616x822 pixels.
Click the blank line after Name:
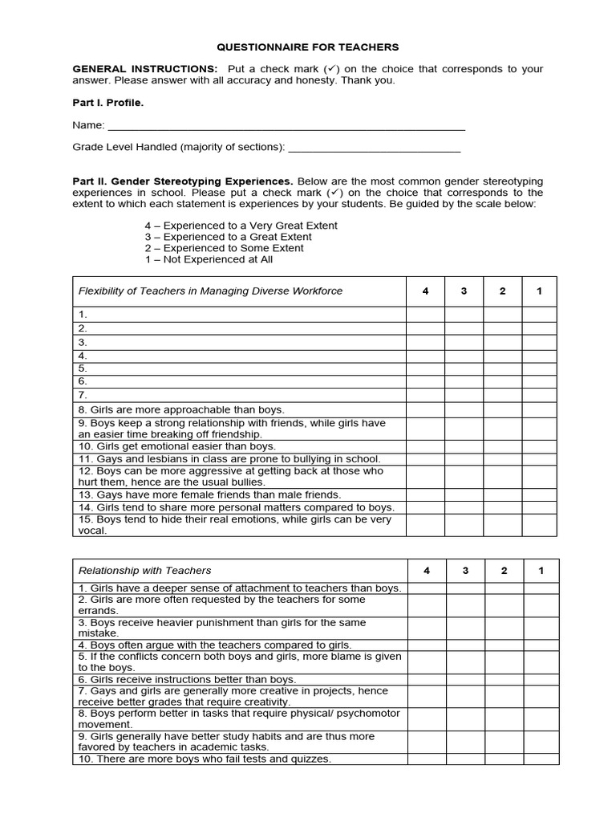286,126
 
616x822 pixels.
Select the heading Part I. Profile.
108,103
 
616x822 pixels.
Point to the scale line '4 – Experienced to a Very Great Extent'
241,226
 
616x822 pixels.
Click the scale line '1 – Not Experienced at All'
209,259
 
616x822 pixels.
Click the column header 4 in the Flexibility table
425,291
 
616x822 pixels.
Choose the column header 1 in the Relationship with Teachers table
541,571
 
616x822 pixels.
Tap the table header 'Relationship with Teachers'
145,571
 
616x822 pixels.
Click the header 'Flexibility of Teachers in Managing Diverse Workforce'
210,291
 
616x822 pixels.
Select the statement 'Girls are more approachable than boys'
181,409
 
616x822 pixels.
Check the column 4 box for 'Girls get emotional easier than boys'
425,446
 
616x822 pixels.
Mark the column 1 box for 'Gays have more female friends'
539,495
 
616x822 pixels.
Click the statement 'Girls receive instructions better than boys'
187,679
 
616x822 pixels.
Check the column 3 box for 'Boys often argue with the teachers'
465,645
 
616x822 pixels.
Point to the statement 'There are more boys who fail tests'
205,759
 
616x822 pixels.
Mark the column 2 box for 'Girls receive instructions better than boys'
504,679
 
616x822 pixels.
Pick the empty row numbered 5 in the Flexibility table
239,368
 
